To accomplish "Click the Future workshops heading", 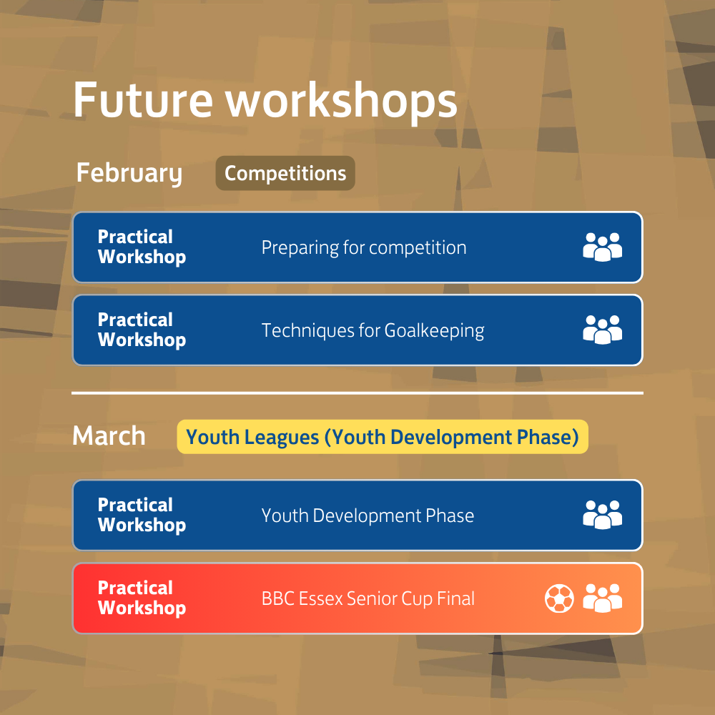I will click(x=265, y=100).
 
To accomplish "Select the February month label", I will click(x=129, y=174).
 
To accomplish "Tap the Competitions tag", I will click(x=285, y=173).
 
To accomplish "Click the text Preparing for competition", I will click(x=363, y=248).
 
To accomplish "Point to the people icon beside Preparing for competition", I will click(x=602, y=247).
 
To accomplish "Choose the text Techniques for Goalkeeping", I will click(x=373, y=331).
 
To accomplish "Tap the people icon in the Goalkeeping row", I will click(x=602, y=330).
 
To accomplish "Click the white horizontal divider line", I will click(x=357, y=393).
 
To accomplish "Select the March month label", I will click(x=109, y=436).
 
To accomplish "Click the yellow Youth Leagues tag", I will click(x=383, y=437).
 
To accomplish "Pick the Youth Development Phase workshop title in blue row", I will click(x=368, y=516).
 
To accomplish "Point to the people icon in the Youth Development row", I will click(x=602, y=516).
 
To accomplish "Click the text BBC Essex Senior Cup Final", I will click(x=368, y=598).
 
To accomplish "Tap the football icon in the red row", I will click(x=559, y=598).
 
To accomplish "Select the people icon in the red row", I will click(x=602, y=598).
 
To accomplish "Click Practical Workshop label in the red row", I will click(x=142, y=598).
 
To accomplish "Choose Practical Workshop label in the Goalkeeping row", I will click(x=142, y=330).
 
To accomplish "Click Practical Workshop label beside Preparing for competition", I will click(x=142, y=247).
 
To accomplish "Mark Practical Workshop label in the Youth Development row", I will click(x=142, y=516).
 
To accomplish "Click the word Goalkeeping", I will click(x=434, y=332).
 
